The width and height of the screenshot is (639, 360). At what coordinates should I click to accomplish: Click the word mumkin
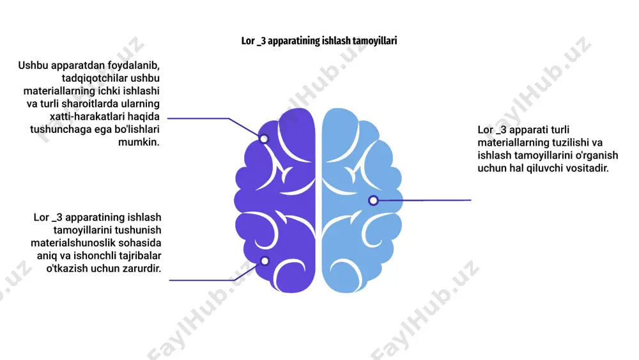[x=139, y=143]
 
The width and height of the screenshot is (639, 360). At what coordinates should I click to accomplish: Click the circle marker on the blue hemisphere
[x=373, y=200]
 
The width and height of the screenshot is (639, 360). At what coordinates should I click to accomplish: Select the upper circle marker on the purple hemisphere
[x=264, y=139]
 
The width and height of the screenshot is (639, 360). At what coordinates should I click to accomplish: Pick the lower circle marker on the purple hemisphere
[x=265, y=261]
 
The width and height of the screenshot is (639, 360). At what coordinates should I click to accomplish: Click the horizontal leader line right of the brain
[x=425, y=200]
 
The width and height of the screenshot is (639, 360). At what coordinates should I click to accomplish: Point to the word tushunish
[x=138, y=230]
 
